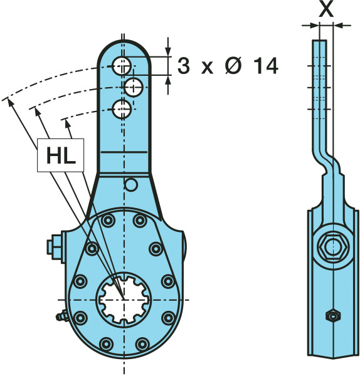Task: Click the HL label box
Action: [x=60, y=155]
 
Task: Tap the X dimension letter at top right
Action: [x=326, y=9]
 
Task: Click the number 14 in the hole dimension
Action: [x=266, y=66]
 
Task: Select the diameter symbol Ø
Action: [x=233, y=66]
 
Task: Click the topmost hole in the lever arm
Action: [x=122, y=66]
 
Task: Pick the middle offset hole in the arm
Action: [x=134, y=87]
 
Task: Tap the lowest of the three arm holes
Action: [x=122, y=109]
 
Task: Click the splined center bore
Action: [x=124, y=300]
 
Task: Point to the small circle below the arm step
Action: [x=131, y=185]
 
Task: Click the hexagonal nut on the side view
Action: [x=333, y=247]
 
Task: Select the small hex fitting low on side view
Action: [x=332, y=316]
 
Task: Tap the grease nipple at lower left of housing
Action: [x=62, y=316]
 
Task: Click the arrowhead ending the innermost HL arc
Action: [x=68, y=123]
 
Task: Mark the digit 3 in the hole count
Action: [x=184, y=66]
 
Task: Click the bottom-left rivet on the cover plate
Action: [x=106, y=344]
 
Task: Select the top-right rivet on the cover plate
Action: [x=140, y=221]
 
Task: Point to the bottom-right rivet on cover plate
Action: [x=142, y=344]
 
